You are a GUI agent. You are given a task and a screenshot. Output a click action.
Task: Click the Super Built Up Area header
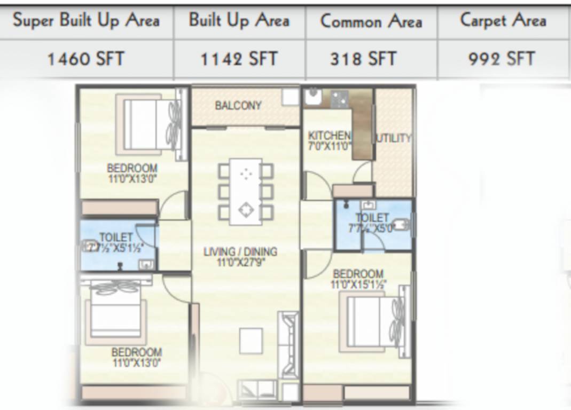click(x=86, y=21)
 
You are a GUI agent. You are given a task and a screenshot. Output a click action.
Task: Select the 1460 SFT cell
click(x=86, y=58)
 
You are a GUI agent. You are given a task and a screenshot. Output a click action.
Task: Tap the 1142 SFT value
click(x=239, y=58)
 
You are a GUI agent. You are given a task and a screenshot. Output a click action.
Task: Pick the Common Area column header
click(x=371, y=21)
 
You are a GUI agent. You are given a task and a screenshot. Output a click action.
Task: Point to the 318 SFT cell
click(x=363, y=58)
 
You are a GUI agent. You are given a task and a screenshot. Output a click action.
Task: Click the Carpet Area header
click(x=503, y=21)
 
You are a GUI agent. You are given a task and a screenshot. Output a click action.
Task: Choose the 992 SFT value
click(x=502, y=58)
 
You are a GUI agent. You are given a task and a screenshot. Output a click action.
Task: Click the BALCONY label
click(x=238, y=106)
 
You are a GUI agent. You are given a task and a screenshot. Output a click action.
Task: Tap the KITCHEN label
click(x=329, y=136)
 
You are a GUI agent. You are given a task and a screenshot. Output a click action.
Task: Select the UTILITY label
click(x=394, y=138)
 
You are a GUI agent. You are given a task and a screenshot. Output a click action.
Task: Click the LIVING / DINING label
click(x=240, y=251)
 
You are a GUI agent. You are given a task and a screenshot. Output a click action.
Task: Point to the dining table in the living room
click(x=246, y=191)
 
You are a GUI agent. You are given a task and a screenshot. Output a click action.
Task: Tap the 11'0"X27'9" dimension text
click(x=240, y=262)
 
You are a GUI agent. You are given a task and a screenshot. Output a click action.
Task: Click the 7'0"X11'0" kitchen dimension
click(x=329, y=145)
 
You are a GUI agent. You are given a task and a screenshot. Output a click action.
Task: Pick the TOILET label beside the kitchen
click(x=372, y=218)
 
